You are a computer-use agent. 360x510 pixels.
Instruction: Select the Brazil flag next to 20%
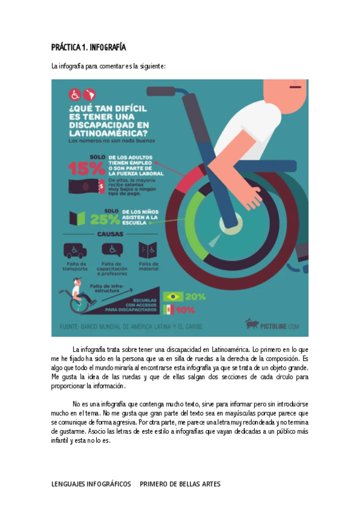(x=174, y=296)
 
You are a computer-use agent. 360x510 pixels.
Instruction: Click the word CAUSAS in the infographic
(x=110, y=233)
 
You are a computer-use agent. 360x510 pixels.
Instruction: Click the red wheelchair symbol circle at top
(x=76, y=94)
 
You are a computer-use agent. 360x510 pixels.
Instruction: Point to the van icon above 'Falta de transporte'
(x=75, y=249)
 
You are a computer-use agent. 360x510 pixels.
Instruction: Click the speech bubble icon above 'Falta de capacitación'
(x=111, y=249)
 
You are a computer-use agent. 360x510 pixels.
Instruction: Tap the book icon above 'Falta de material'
(x=148, y=249)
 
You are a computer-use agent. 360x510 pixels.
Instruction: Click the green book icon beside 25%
(x=75, y=218)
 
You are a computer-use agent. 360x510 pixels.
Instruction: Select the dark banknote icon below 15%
(x=87, y=186)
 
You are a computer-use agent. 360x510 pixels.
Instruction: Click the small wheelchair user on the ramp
(x=78, y=298)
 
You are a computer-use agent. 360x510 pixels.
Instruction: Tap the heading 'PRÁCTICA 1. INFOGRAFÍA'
(x=88, y=48)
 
